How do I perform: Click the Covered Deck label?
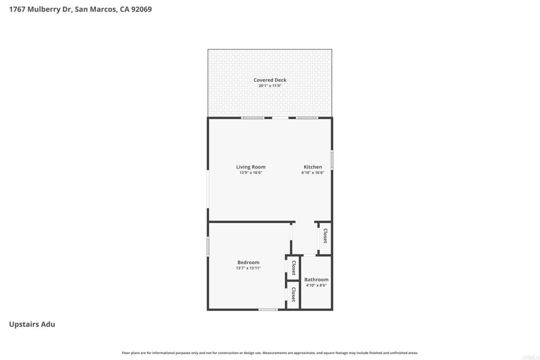[x=270, y=80]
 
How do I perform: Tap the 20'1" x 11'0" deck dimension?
[x=270, y=86]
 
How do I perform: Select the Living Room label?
[x=250, y=167]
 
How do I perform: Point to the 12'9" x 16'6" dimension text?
[x=250, y=173]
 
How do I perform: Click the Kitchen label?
[x=313, y=167]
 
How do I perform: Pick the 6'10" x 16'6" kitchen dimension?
[x=313, y=173]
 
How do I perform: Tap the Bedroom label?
[x=248, y=262]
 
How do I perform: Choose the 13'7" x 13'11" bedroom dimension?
[x=248, y=268]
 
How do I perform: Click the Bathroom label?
[x=316, y=279]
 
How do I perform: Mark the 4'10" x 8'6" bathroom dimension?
[x=316, y=285]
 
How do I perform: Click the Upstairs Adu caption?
[x=32, y=324]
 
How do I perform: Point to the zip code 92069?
[x=141, y=9]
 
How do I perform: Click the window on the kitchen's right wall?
[x=332, y=159]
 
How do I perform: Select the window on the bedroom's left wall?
[x=208, y=246]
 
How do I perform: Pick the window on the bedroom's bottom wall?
[x=268, y=309]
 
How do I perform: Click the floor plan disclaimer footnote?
[x=269, y=353]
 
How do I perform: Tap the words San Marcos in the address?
[x=95, y=9]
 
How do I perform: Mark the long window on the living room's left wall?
[x=208, y=189]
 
